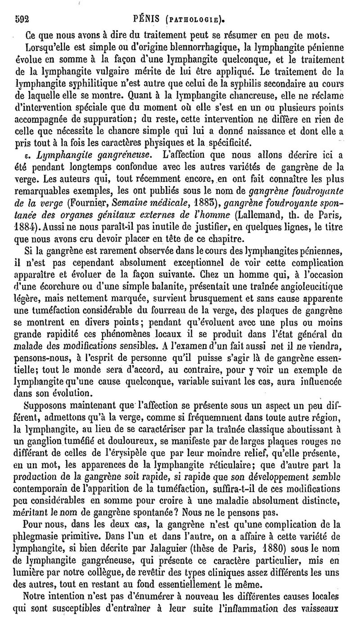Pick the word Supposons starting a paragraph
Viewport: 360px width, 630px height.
47,405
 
